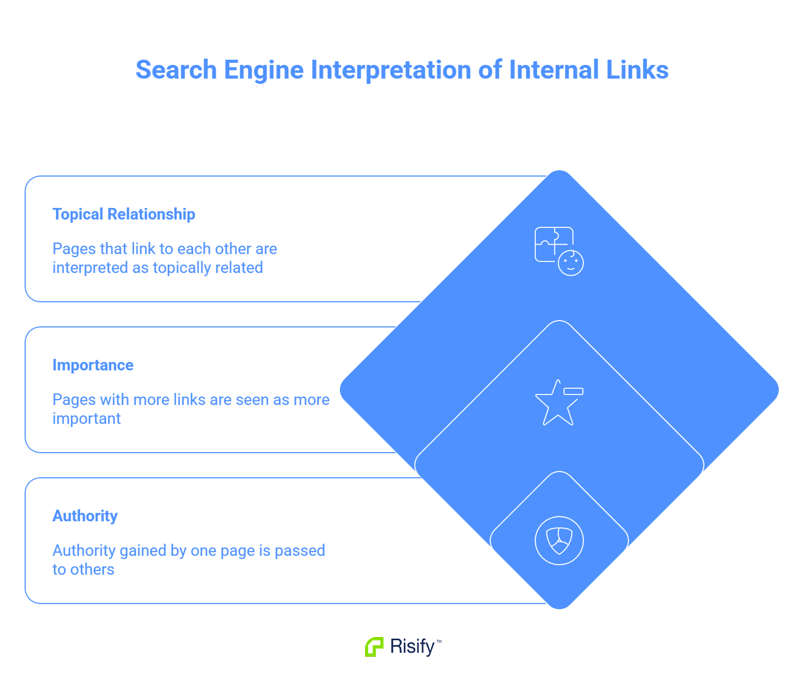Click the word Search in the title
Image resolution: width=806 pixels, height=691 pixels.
pos(176,70)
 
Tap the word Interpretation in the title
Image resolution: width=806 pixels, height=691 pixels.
pos(391,70)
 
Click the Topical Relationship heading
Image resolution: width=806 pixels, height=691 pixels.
pos(124,214)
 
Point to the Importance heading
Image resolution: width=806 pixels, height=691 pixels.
pos(93,365)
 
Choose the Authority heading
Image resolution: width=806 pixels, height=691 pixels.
pos(85,516)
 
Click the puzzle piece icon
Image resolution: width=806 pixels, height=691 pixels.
pos(553,244)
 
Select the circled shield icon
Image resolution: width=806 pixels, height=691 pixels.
pos(559,541)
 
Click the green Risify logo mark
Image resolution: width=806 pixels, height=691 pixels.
pos(374,647)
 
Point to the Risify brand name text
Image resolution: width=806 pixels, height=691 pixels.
pos(413,647)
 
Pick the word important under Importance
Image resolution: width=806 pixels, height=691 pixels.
pos(86,419)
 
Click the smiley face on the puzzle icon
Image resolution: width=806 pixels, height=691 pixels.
pos(571,263)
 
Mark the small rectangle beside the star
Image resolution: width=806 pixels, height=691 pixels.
pos(573,391)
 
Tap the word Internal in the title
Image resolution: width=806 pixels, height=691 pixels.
pos(554,70)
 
